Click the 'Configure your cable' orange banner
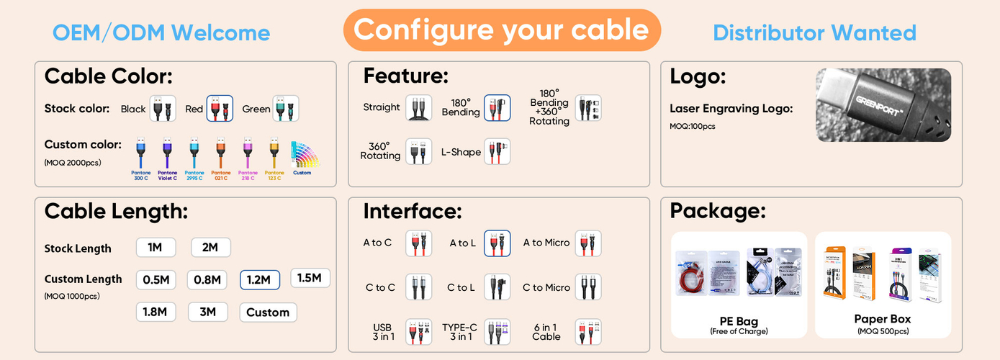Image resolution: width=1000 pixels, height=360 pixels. (x=501, y=30)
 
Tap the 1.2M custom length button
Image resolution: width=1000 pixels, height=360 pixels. (x=260, y=279)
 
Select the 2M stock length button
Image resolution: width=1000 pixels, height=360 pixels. (x=210, y=248)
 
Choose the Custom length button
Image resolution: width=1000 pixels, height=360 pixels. (x=268, y=312)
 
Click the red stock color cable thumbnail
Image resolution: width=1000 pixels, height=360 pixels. (x=220, y=109)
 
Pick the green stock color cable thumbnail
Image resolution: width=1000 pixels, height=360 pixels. (x=285, y=109)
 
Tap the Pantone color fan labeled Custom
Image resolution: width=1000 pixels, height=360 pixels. (x=302, y=157)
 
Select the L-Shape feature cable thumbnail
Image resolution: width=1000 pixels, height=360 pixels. (x=497, y=151)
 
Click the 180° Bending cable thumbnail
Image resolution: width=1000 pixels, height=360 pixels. (x=497, y=108)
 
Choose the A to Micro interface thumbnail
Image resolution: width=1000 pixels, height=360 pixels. (x=587, y=243)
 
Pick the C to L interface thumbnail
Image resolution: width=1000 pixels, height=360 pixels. (x=497, y=287)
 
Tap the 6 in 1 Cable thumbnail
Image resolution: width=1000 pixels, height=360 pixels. (x=587, y=331)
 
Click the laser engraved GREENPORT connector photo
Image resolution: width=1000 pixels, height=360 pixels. (x=883, y=105)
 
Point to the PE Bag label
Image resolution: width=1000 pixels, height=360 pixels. (x=739, y=321)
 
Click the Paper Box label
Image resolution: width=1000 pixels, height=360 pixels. (x=882, y=319)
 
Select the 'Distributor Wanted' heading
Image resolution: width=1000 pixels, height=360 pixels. (x=814, y=32)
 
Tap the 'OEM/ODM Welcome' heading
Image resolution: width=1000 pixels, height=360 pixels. (x=161, y=32)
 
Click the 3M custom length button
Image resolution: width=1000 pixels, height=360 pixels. (x=207, y=312)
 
